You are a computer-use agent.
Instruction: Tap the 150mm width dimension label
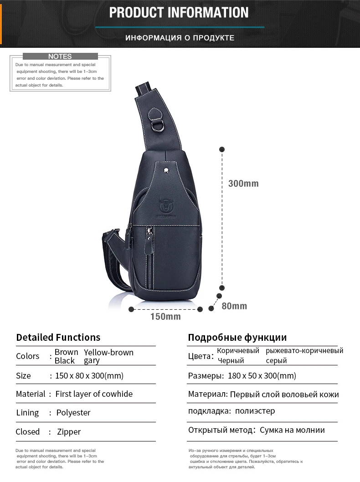pos(165,317)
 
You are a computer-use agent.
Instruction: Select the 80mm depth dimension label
pos(234,306)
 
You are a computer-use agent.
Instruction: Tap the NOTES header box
pos(60,56)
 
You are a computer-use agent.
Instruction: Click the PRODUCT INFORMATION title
pos(179,12)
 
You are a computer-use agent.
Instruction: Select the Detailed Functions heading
pos(58,338)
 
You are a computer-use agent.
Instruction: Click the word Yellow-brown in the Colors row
pos(108,352)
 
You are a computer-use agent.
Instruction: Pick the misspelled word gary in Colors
pos(92,361)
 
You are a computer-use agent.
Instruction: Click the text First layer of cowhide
pos(94,394)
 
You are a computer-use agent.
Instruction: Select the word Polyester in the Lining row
pos(73,413)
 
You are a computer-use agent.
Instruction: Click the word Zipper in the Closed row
pos(69,431)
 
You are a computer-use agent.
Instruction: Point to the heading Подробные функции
pos(237,338)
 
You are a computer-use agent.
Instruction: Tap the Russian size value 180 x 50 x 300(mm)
pos(260,376)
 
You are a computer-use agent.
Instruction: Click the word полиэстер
pos(255,411)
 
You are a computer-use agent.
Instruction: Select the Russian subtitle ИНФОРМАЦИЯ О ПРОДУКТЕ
pos(180,38)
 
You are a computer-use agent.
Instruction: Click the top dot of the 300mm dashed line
pos(222,149)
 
